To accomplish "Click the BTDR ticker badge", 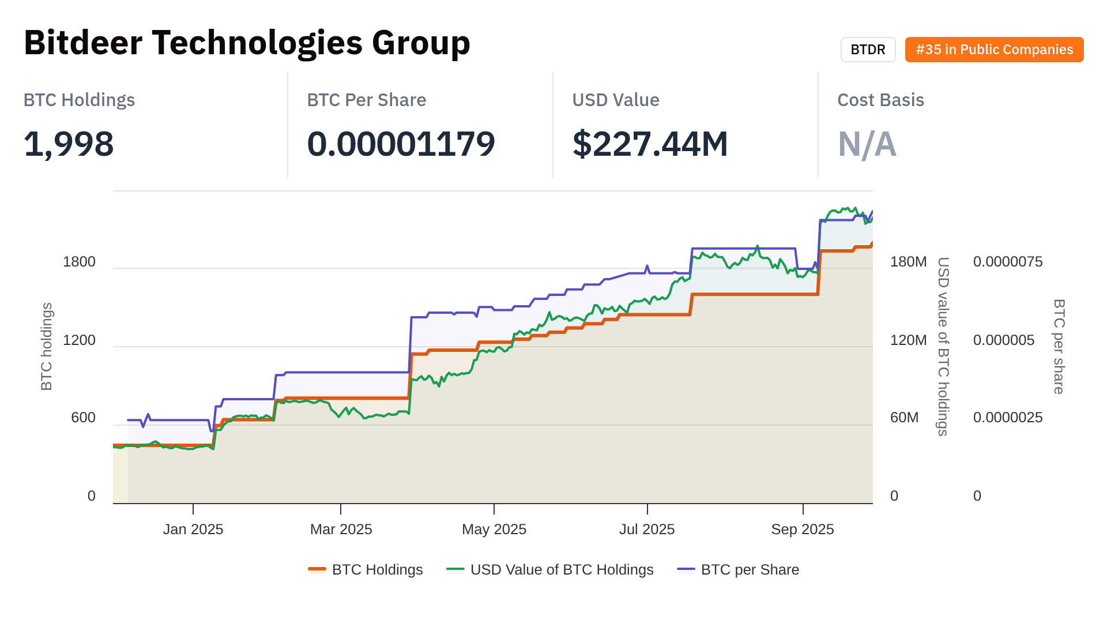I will (868, 50).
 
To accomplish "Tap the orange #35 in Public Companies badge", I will (994, 50).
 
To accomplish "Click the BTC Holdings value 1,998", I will (69, 144).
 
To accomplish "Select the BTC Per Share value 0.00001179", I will (401, 144).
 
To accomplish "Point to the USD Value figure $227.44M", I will (650, 144).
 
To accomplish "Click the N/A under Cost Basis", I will (867, 144).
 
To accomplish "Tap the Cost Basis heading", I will (880, 100).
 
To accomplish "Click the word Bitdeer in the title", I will (83, 43).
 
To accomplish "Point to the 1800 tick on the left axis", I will (79, 262).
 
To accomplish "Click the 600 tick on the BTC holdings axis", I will (83, 418).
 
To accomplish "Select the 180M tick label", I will (908, 262).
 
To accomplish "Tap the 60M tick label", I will (904, 418).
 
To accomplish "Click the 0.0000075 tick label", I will (1007, 262).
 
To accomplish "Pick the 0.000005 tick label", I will (1003, 340).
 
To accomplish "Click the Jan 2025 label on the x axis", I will (193, 530).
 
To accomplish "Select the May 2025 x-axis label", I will (494, 530).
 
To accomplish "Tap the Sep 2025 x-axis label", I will (803, 530).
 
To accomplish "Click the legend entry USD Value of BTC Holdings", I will (561, 570).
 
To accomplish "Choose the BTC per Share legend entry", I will (750, 570).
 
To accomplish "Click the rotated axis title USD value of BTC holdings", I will (943, 346).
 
